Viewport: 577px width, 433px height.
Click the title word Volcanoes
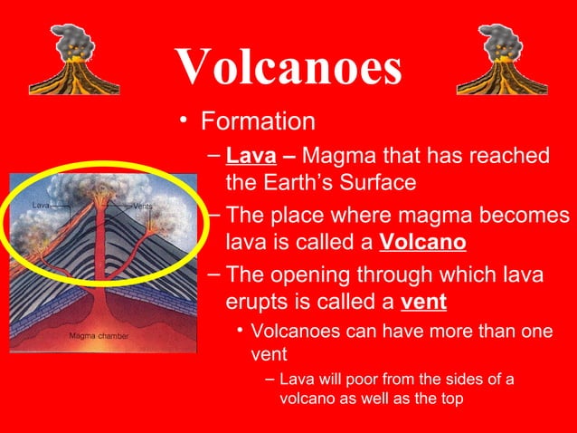(288, 64)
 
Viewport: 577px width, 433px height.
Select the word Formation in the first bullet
(258, 121)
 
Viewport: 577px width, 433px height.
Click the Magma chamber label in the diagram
(99, 337)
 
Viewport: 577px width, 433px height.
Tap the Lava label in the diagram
(41, 206)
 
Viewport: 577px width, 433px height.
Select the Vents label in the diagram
(142, 206)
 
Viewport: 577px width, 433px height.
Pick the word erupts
(256, 302)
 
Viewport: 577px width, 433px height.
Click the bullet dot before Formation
(185, 122)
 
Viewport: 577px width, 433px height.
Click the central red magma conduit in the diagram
(99, 263)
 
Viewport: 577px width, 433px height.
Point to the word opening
(313, 274)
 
